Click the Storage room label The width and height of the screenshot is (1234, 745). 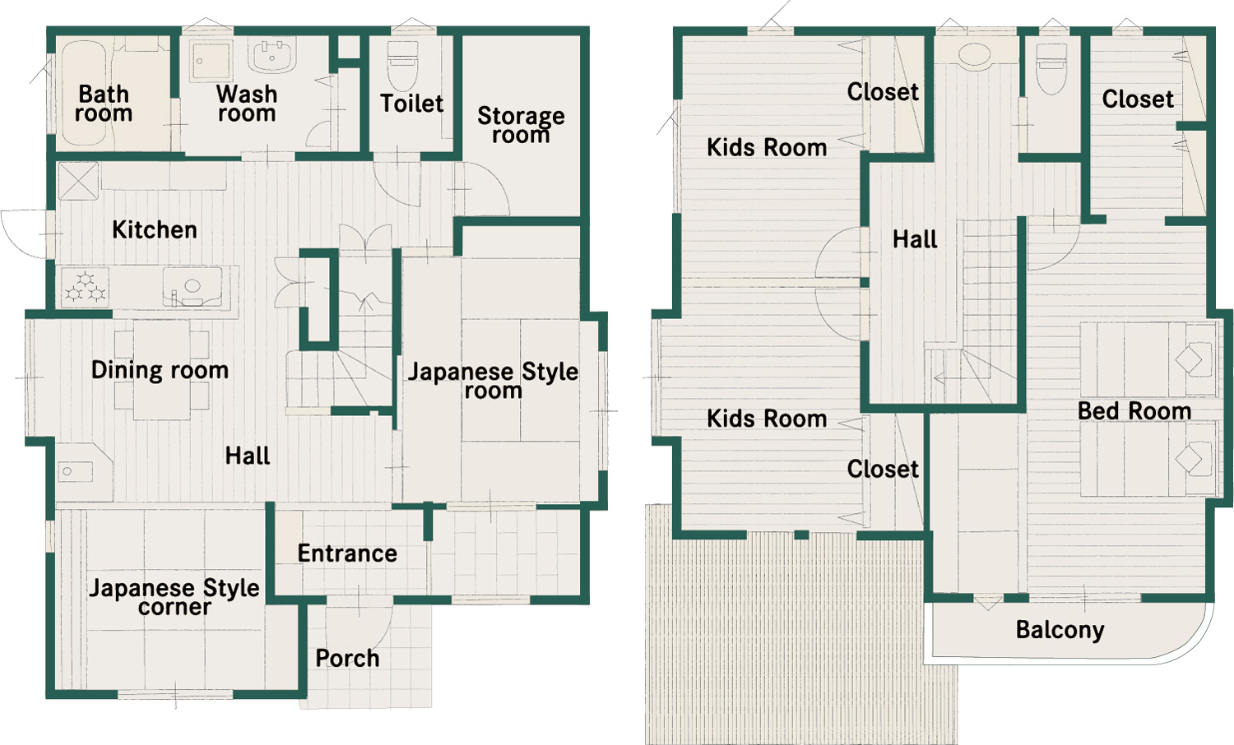click(521, 125)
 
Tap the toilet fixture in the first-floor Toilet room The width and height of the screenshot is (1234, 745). click(404, 65)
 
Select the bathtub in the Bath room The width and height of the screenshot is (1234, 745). click(84, 93)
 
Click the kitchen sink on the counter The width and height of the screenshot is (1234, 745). click(193, 287)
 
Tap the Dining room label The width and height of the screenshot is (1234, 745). click(160, 371)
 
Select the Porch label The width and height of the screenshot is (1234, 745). click(348, 659)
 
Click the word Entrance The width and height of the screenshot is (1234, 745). click(347, 553)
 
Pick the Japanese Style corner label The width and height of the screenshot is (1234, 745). click(174, 597)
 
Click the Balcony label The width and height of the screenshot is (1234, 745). click(1060, 630)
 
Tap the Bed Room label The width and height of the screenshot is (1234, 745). click(1134, 411)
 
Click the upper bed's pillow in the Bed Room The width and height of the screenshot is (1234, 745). click(1190, 359)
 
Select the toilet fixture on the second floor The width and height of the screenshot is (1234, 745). click(1051, 68)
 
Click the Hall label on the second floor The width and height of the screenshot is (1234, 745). click(915, 239)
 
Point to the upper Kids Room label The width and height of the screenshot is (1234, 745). click(766, 147)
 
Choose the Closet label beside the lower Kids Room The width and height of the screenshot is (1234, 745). click(883, 470)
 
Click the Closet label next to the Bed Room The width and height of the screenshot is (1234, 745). click(1138, 99)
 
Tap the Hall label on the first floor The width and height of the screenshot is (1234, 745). click(248, 456)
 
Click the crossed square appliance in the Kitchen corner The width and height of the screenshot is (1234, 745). click(78, 181)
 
